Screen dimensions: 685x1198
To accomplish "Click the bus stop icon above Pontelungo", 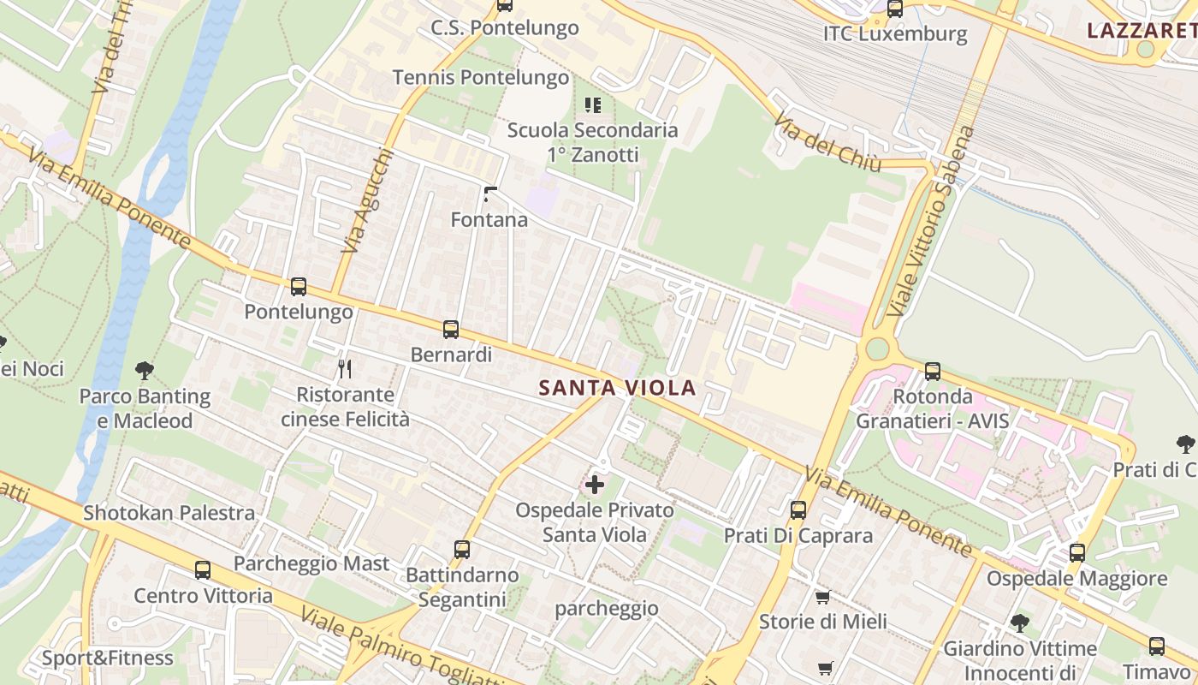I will coord(298,287).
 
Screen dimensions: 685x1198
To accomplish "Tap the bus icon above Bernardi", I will coord(451,330).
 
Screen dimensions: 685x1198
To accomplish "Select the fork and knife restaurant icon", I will coord(345,369).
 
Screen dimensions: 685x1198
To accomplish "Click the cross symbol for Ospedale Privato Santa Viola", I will coord(594,485).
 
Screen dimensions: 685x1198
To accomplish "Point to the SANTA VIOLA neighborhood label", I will coord(617,388).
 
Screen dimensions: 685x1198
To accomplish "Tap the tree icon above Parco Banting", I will coord(145,371).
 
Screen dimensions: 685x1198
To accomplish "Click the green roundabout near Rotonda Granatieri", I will coord(877,349).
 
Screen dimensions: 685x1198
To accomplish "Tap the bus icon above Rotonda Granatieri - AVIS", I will coord(933,372).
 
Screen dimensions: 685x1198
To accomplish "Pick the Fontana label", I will coord(489,220).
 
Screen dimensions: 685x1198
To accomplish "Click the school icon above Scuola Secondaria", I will coord(592,105).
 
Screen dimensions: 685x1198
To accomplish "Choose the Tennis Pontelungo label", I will coord(481,78).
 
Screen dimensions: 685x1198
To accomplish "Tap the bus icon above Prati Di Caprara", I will coord(798,510).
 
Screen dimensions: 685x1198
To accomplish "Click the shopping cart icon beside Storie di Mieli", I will coord(822,597).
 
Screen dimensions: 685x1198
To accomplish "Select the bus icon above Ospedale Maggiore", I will coord(1076,553).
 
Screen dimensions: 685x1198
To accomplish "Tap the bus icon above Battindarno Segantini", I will coord(462,550).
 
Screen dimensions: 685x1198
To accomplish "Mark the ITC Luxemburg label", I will coord(895,34).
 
